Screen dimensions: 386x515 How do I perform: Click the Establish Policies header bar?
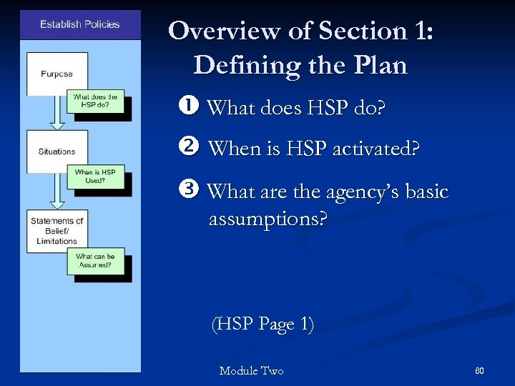tap(80, 25)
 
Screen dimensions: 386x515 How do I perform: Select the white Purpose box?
tap(57, 74)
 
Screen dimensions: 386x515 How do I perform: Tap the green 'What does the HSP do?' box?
tap(99, 102)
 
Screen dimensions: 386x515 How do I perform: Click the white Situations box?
tap(57, 152)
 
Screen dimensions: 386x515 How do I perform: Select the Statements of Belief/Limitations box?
tap(57, 231)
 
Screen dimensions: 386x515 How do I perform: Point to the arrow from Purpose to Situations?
tap(57, 113)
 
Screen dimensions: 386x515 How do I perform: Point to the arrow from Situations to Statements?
tap(57, 191)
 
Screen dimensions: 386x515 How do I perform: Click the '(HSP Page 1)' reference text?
tap(263, 324)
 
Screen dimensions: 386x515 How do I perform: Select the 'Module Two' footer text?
tap(251, 370)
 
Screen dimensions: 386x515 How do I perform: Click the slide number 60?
tap(479, 370)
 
